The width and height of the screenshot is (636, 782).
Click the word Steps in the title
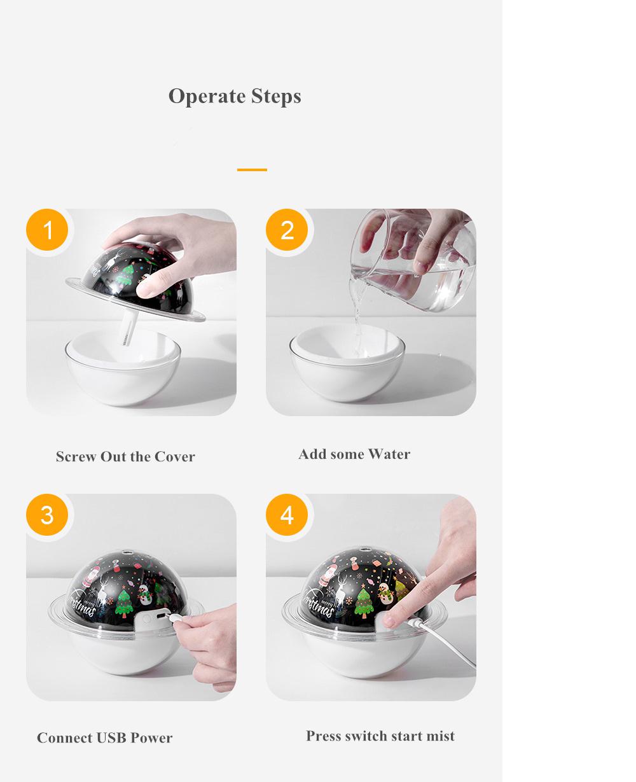coord(277,97)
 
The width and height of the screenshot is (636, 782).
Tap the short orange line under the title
coord(252,170)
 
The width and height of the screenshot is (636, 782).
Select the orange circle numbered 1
coord(47,230)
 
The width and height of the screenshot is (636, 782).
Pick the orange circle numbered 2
coord(287,230)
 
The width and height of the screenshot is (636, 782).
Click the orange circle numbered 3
coord(47,515)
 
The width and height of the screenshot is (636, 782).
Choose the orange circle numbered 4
coord(287,515)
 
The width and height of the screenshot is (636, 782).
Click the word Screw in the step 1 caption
coord(76,457)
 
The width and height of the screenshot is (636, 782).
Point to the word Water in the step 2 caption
coord(389,454)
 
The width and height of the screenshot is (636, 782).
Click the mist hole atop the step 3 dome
coord(127,552)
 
